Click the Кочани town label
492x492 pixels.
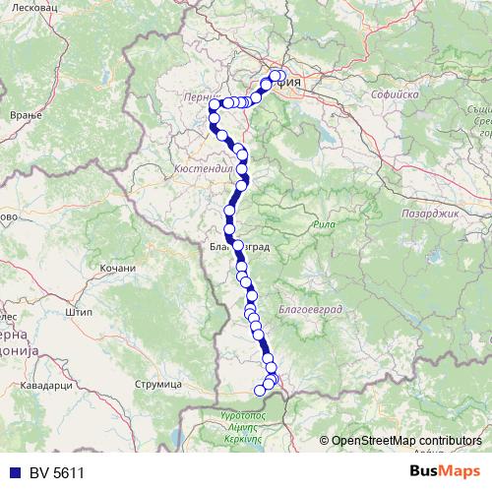117,268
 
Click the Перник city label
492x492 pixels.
198,97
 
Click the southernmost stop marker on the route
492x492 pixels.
261,391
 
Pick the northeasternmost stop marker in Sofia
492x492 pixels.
280,76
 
